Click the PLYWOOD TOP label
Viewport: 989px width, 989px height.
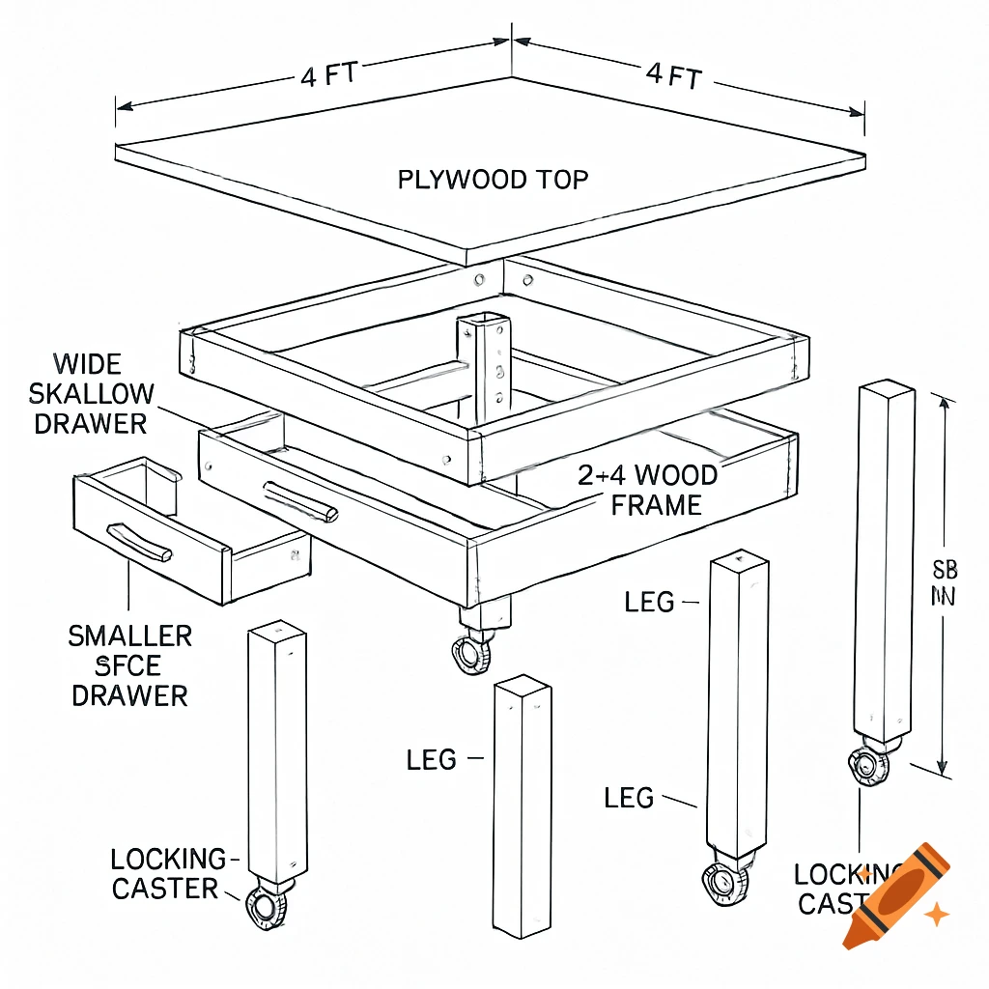point(493,180)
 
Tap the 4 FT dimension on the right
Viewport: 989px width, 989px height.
point(672,75)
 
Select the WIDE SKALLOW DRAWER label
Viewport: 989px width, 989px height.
point(91,394)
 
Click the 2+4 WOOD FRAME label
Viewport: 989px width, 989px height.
point(648,490)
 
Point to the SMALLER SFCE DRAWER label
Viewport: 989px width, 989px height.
point(129,665)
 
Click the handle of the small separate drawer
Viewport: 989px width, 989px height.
point(140,542)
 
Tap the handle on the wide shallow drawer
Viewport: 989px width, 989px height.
point(300,500)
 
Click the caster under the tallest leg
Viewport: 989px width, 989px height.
point(869,765)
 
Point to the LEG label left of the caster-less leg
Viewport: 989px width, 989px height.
point(431,760)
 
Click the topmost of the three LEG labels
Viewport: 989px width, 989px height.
point(649,603)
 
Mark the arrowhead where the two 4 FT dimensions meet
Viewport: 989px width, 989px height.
point(510,42)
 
